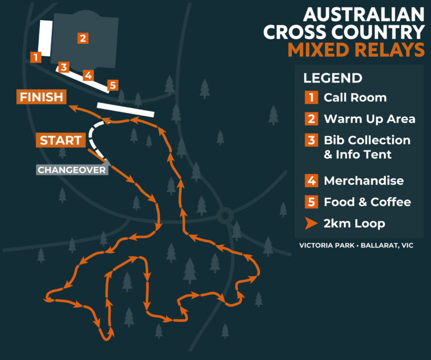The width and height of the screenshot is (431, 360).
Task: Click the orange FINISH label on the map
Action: [42, 97]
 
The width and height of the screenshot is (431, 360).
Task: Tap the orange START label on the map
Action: [61, 140]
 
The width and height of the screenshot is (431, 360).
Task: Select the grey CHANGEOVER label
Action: [72, 170]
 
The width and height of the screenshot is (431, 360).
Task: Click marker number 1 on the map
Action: [36, 57]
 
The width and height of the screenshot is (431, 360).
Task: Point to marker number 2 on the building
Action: [82, 38]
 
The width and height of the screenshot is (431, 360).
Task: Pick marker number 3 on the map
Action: [64, 67]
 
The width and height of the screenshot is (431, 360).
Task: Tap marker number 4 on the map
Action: [88, 75]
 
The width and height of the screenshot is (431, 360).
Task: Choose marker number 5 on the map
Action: [113, 85]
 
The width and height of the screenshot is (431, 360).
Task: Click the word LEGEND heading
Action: [333, 78]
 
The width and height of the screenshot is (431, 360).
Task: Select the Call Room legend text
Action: [355, 97]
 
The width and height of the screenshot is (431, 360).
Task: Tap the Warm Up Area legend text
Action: [369, 119]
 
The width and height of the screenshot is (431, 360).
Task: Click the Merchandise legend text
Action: [364, 181]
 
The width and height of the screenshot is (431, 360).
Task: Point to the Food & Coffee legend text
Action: [367, 202]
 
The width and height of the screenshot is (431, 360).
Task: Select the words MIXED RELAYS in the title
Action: [356, 50]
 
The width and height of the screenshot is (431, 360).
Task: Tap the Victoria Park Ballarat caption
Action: [356, 245]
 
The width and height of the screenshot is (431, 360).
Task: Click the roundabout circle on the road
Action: [225, 215]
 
